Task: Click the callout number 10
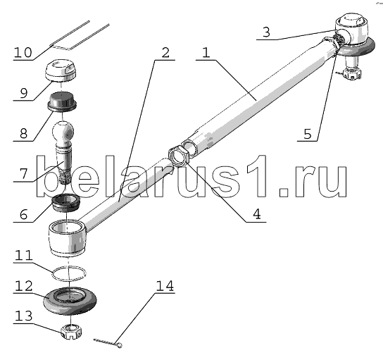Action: (23, 53)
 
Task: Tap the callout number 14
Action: (165, 286)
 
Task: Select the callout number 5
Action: (308, 134)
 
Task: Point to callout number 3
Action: (266, 32)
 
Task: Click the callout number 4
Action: (256, 214)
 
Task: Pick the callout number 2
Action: (165, 53)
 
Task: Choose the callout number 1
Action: (206, 53)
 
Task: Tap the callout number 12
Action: (23, 286)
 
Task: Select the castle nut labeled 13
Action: (71, 331)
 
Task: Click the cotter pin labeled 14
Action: (108, 342)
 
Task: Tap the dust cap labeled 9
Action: (61, 70)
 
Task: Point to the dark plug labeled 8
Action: (62, 101)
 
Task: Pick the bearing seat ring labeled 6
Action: (66, 202)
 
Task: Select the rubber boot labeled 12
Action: (70, 301)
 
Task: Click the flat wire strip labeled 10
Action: (80, 35)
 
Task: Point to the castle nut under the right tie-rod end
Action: (351, 73)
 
